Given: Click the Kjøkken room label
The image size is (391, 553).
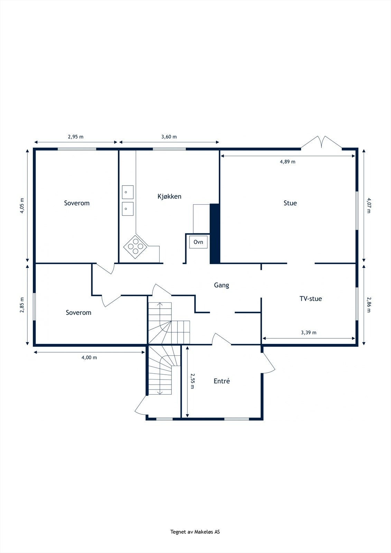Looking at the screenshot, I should [169, 196].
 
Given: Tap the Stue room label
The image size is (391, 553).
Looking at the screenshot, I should [290, 203].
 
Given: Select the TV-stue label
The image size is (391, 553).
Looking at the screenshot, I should [310, 299].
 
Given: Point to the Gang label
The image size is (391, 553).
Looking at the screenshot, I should [221, 285].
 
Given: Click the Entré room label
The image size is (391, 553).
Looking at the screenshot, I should [222, 381].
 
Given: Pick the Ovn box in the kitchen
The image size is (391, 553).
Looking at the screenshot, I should [198, 242].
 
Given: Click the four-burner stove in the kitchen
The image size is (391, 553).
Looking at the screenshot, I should [136, 246].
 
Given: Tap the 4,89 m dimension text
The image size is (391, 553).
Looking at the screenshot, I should [288, 161].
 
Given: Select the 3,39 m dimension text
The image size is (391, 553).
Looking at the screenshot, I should [308, 332].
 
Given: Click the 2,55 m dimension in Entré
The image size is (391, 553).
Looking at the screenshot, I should [193, 381].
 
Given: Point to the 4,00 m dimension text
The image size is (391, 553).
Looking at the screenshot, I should [89, 357].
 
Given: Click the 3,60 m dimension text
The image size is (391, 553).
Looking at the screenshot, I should [169, 137].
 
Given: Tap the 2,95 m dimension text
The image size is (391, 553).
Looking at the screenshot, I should [75, 137].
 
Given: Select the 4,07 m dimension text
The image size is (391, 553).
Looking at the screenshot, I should [369, 205].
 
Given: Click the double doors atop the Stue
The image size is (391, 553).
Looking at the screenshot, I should [322, 143].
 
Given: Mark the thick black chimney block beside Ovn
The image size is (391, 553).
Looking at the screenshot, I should [215, 234].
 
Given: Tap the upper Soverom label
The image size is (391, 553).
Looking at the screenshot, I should [77, 203].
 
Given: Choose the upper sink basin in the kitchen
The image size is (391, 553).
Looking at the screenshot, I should [128, 192].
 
